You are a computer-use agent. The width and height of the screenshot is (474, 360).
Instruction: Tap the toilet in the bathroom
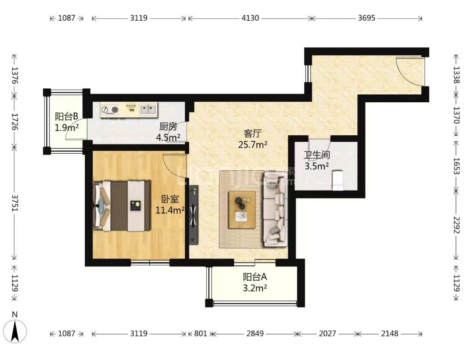click(x=337, y=180)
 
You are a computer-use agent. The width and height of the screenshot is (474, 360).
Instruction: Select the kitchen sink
click(x=148, y=110)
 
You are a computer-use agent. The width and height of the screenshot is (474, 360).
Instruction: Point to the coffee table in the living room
click(x=242, y=210)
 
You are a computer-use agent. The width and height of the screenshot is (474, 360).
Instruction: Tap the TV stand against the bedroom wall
click(x=194, y=215)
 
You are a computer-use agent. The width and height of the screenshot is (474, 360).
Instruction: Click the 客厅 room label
click(x=252, y=133)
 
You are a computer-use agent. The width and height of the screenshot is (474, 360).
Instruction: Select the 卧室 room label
click(x=170, y=199)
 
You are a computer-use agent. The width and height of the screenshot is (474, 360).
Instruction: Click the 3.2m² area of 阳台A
click(x=255, y=288)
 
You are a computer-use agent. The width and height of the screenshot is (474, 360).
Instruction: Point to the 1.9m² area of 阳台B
click(x=67, y=128)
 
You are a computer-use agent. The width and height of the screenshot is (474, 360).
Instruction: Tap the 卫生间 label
click(x=317, y=155)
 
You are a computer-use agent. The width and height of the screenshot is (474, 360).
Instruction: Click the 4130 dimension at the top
click(x=250, y=18)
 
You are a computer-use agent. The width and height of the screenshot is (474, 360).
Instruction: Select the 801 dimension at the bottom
click(x=201, y=333)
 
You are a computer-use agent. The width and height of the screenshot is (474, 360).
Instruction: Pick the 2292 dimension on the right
click(x=456, y=225)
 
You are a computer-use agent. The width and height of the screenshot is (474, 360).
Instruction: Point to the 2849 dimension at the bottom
click(x=255, y=333)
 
